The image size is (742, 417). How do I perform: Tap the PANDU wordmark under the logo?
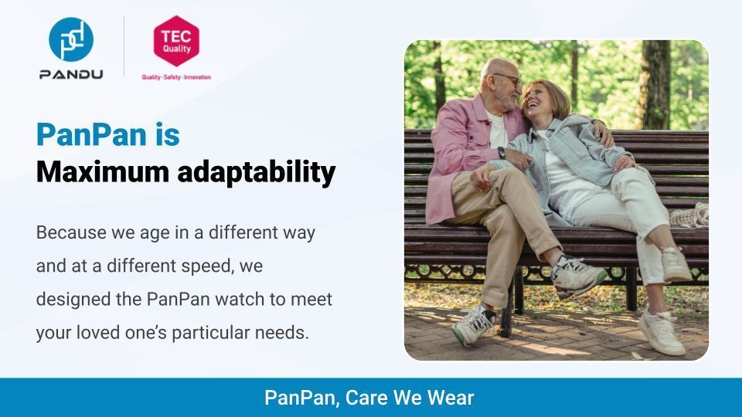pos(71,74)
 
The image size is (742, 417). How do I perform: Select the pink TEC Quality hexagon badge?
pos(176,40)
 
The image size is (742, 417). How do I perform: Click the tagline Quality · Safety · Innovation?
pos(176,77)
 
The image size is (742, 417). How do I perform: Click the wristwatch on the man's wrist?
pos(502,153)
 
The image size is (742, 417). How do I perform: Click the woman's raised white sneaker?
pos(676,264)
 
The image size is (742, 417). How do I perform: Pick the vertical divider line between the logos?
pos(125,46)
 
